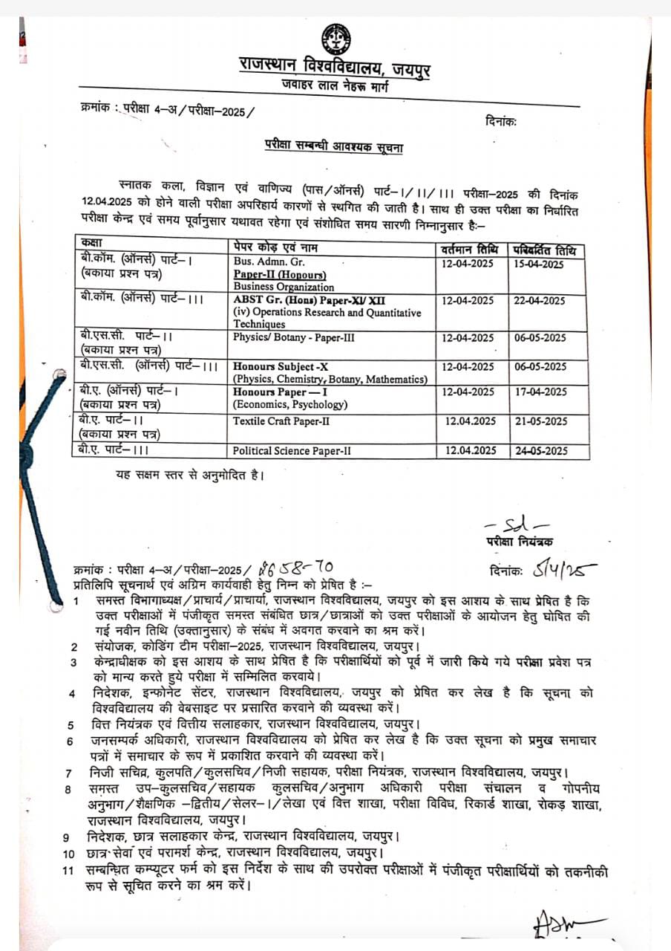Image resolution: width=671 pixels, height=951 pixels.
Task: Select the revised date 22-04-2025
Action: tap(539, 301)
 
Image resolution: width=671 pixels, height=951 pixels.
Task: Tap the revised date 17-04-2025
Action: tap(540, 392)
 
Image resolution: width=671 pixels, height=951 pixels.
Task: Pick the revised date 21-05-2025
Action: tap(540, 421)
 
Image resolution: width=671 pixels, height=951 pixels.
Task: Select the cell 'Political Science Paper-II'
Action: tap(292, 450)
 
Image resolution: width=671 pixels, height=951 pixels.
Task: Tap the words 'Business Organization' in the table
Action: tap(284, 286)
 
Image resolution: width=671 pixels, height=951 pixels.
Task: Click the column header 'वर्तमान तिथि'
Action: tap(472, 250)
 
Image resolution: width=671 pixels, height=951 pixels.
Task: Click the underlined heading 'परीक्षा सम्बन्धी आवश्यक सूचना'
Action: tap(334, 147)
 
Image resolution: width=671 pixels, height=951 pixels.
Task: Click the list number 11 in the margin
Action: tap(68, 871)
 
